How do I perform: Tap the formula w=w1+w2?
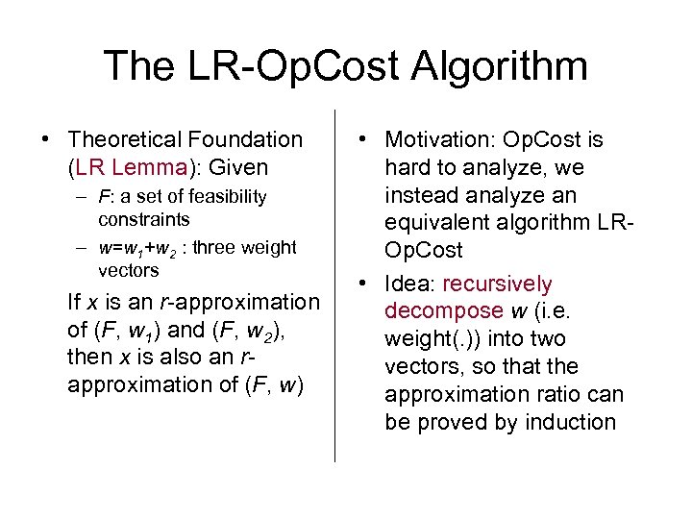150,249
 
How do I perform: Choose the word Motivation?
440,140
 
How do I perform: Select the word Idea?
409,284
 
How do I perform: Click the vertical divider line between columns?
334,288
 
